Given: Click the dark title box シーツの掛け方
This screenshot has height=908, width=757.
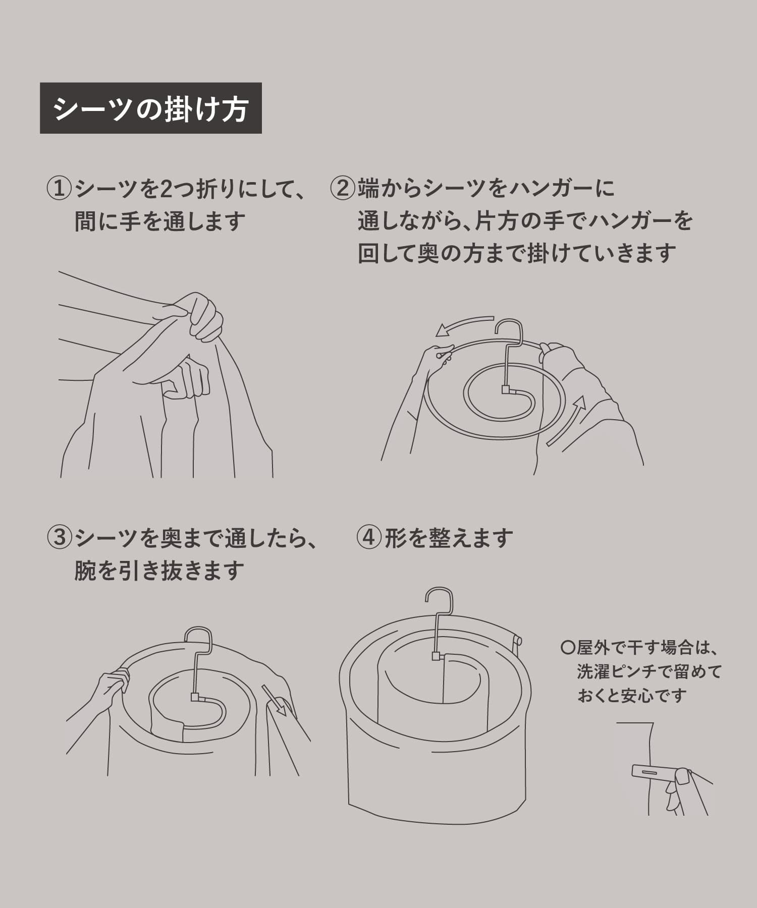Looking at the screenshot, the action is coord(150,108).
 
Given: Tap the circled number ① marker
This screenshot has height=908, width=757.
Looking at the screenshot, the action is coord(59,189).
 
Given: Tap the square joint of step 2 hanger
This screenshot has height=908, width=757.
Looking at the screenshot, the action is coord(506,390).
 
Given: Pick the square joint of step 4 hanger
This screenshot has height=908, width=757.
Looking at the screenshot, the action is coord(436,656).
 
